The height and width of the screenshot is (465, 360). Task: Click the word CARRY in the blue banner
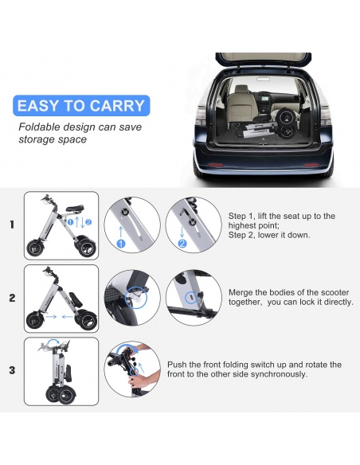point(117,106)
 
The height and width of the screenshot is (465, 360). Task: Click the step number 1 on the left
point(12,225)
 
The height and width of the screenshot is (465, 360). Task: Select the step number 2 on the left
point(12,298)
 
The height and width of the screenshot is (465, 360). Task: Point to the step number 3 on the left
point(12,370)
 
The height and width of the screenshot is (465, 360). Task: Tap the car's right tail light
point(325,115)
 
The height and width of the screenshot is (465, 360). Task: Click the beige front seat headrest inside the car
point(241,88)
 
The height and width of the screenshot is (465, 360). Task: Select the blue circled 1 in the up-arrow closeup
point(121,244)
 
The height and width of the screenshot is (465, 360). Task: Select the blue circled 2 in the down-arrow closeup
point(182,244)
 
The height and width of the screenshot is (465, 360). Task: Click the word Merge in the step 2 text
point(241,293)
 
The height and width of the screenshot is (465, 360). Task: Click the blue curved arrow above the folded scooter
point(53,342)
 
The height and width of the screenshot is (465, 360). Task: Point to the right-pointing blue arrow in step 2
point(52,317)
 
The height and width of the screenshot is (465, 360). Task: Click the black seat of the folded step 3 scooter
point(68,373)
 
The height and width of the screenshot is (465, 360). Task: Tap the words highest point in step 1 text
point(253,225)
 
